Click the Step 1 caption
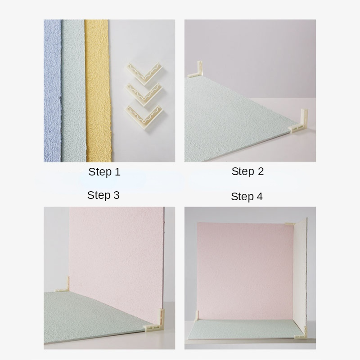tap(104, 172)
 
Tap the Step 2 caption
tap(247, 171)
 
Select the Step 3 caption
tap(103, 195)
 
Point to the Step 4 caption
tap(247, 197)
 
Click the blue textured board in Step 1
tap(53, 91)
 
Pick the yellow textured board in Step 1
tap(98, 91)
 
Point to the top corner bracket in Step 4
tap(291, 224)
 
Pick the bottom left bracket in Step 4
tap(197, 316)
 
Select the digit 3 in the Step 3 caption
tap(117, 195)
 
